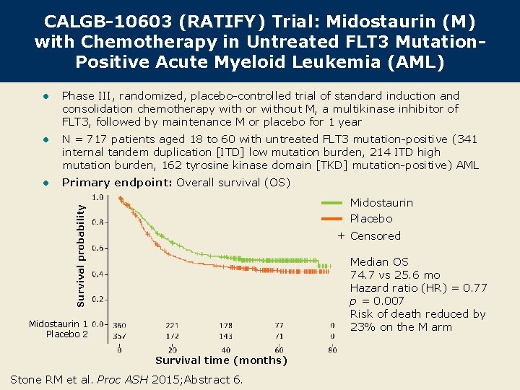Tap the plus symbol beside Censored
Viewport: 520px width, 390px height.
coord(341,236)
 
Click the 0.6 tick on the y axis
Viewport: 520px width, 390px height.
coord(100,248)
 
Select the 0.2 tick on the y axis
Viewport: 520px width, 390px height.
coord(100,299)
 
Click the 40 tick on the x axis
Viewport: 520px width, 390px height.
coord(226,350)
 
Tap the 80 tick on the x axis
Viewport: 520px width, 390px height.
coord(332,350)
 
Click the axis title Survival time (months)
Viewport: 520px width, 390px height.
coord(221,360)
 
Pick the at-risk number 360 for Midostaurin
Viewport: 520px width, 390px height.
coord(118,326)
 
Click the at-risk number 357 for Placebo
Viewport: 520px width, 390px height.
coord(118,336)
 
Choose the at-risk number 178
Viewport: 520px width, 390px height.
coord(226,326)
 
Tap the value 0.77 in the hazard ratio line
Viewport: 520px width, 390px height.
coord(474,288)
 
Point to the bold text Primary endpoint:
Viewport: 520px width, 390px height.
coord(117,183)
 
